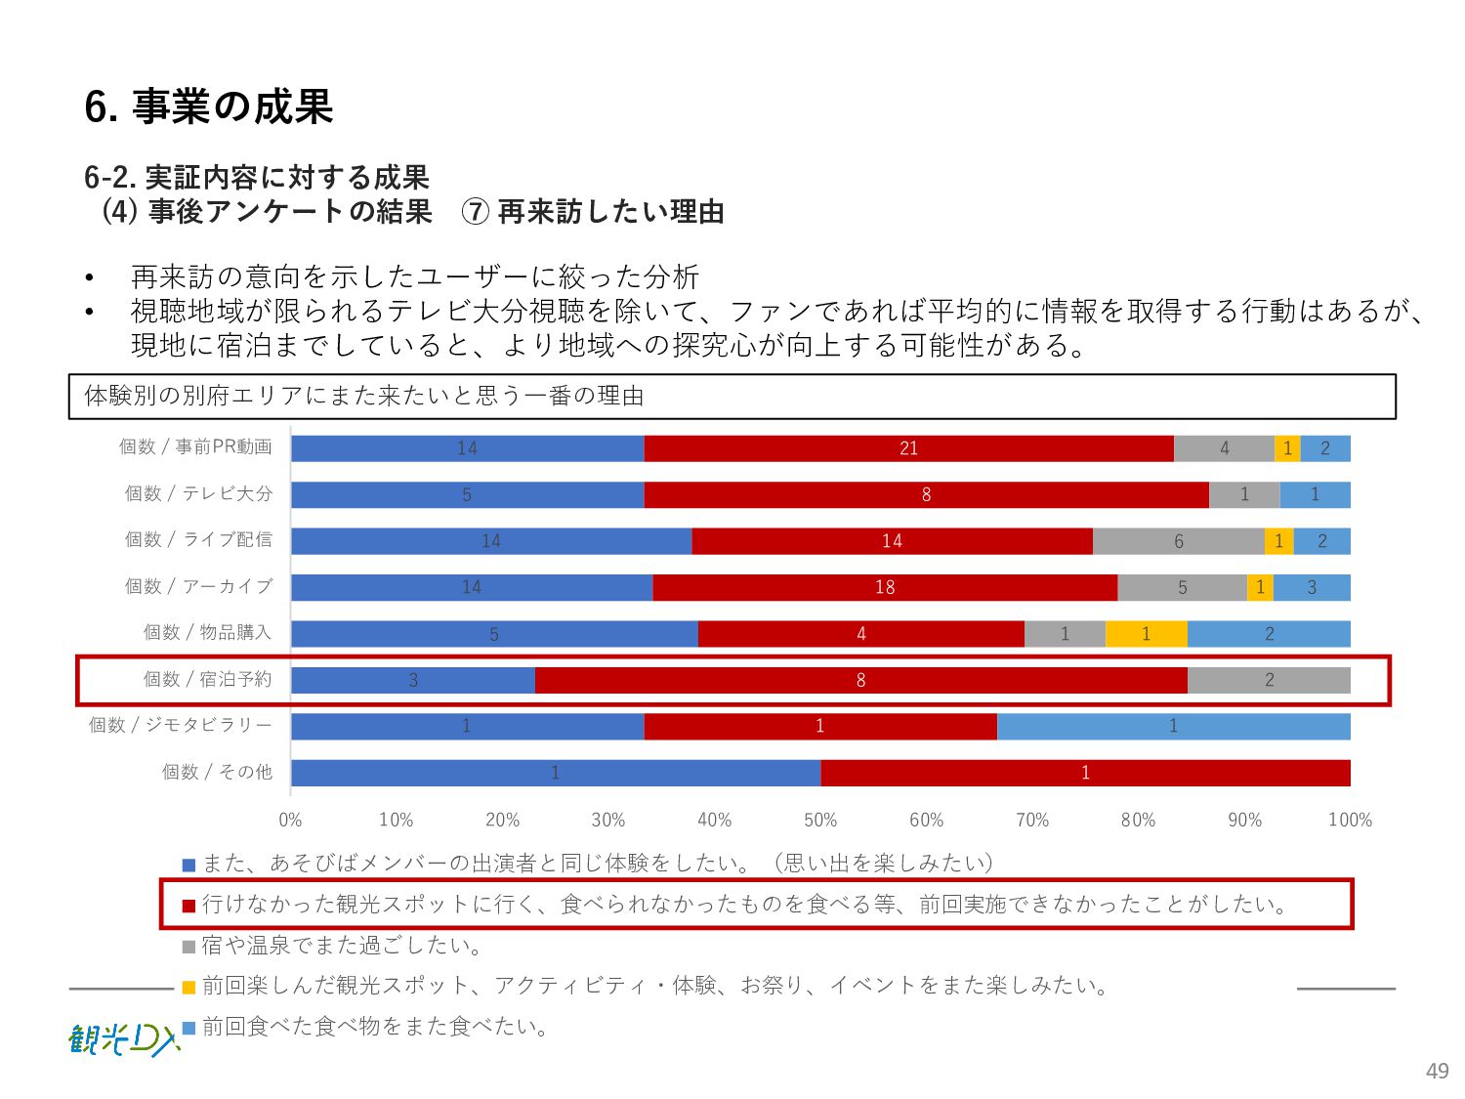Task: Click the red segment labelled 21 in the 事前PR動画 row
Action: pos(908,448)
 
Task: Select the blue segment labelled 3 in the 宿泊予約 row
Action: pos(413,680)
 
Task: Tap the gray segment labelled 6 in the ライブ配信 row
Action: pos(1178,541)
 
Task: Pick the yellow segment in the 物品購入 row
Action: pos(1146,634)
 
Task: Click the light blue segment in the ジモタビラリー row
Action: pos(1173,726)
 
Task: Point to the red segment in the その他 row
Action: pos(1085,773)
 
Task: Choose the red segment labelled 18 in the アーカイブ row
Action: pos(885,587)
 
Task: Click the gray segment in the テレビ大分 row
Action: pos(1243,494)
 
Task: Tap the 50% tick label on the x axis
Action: pos(820,820)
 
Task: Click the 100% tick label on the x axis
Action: pos(1350,820)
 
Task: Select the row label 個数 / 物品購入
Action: pos(207,633)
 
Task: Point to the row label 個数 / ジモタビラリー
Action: pos(181,725)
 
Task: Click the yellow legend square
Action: pos(189,988)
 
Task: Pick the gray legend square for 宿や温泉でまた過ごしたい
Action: pos(189,947)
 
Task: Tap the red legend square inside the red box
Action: pos(189,906)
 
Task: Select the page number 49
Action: pos(1437,1071)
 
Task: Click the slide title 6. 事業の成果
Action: pos(209,106)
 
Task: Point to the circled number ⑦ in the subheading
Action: pos(475,212)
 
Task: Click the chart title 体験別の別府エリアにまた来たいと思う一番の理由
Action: pos(364,396)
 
